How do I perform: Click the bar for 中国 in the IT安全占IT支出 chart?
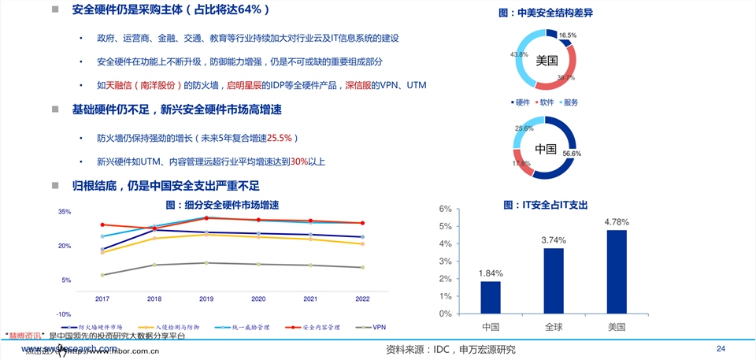[491, 297]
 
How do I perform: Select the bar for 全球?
[554, 280]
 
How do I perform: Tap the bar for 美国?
[617, 271]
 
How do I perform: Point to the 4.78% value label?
[617, 222]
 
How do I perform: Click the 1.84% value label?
[490, 273]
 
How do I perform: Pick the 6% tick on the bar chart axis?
[445, 210]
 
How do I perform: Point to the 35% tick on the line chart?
[65, 212]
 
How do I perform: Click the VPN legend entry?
[373, 326]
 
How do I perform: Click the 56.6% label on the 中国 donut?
[571, 154]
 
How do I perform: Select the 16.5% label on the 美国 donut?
[567, 35]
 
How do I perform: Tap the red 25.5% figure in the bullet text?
[280, 138]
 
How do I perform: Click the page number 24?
[720, 348]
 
